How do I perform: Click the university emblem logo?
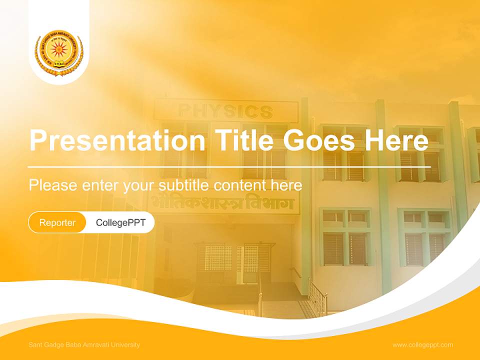(x=59, y=52)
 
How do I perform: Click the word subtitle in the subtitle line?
(x=184, y=185)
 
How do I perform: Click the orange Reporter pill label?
(x=57, y=222)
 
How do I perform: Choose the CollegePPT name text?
(x=120, y=222)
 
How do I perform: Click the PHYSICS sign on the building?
(x=225, y=110)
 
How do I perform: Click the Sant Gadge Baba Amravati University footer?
(x=84, y=345)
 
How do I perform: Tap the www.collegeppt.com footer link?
(x=422, y=345)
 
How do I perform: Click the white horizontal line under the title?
(x=229, y=166)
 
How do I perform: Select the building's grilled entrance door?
(x=235, y=262)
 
